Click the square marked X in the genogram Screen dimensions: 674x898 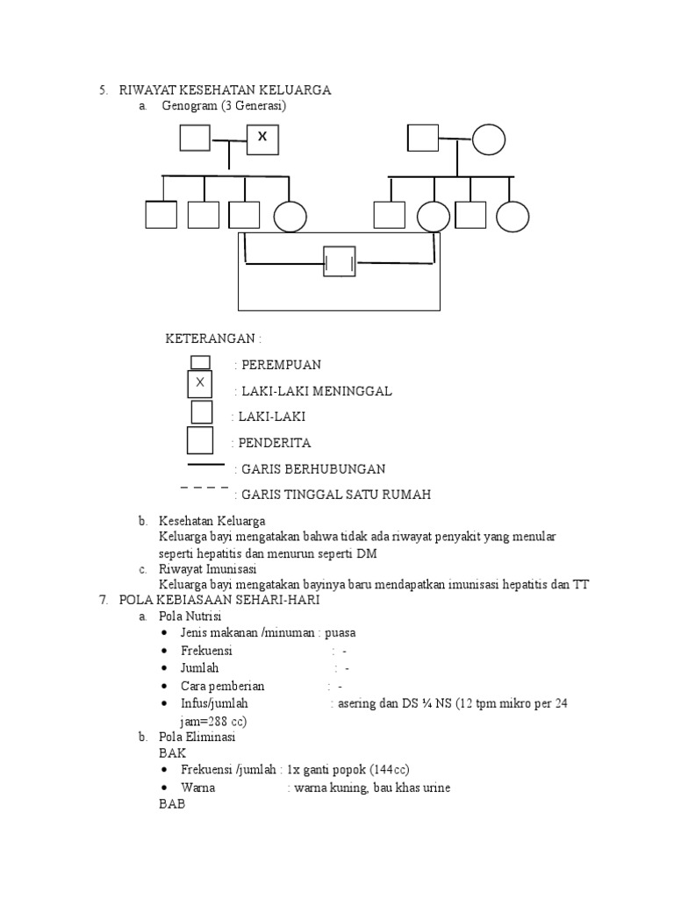pyautogui.click(x=262, y=138)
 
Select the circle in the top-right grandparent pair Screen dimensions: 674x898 pyautogui.click(x=489, y=139)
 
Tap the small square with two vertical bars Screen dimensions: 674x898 pyautogui.click(x=340, y=261)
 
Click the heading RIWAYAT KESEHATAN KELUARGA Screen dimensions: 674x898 pyautogui.click(x=225, y=90)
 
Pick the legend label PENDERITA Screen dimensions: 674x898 pyautogui.click(x=275, y=443)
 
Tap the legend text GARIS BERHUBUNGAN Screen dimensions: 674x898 pyautogui.click(x=312, y=469)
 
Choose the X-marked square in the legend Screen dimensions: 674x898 pyautogui.click(x=200, y=383)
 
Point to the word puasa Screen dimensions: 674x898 pyautogui.click(x=341, y=633)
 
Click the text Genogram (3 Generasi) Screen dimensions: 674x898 pyautogui.click(x=225, y=106)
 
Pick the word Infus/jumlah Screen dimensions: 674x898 pyautogui.click(x=215, y=703)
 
